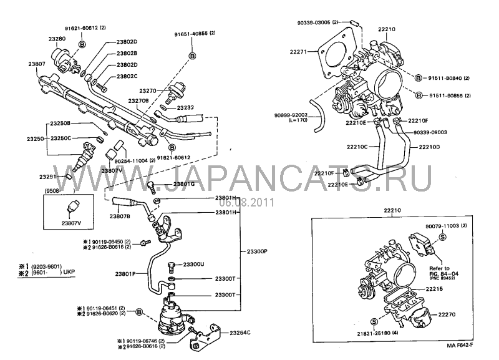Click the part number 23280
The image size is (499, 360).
click(57, 39)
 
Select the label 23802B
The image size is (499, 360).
click(127, 54)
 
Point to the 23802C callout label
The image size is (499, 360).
click(127, 76)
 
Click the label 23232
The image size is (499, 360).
click(185, 107)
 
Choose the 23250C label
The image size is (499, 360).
click(61, 137)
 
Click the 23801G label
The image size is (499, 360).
click(184, 184)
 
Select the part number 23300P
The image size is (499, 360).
click(254, 251)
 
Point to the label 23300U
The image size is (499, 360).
click(193, 265)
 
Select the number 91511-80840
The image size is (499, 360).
click(445, 77)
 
